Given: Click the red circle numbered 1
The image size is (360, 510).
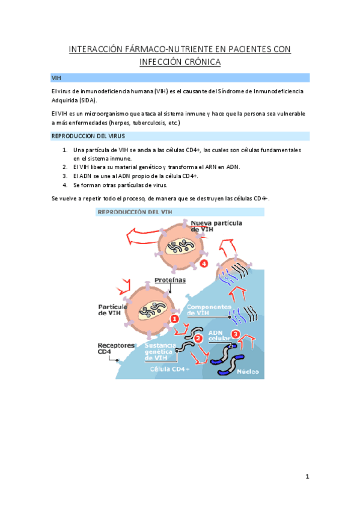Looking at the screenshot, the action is [174, 319].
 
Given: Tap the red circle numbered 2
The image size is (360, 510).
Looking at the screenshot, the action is [198, 339].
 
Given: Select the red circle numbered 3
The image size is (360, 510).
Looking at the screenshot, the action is [235, 334].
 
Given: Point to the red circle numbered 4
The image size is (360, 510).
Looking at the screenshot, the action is [204, 263].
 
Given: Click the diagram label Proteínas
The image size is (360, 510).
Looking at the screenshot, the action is [170, 280].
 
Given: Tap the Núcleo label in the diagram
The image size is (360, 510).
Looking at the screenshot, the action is [248, 372].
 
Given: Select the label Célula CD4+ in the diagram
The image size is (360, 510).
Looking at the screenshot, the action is [169, 369].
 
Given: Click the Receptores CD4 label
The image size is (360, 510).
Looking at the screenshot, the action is [116, 348].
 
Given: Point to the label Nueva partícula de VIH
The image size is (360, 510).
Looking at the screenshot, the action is [216, 226].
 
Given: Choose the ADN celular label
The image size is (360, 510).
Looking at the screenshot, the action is [219, 336].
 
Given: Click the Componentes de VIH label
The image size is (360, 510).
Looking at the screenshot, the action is [209, 310].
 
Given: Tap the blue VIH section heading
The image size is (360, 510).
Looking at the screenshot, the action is [56, 78].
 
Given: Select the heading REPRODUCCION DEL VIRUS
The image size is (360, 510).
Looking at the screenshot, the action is [88, 136].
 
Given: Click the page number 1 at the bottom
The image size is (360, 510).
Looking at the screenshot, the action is [307, 476].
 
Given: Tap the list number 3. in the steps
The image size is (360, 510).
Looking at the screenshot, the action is [65, 176].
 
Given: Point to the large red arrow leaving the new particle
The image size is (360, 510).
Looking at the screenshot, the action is [143, 236].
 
